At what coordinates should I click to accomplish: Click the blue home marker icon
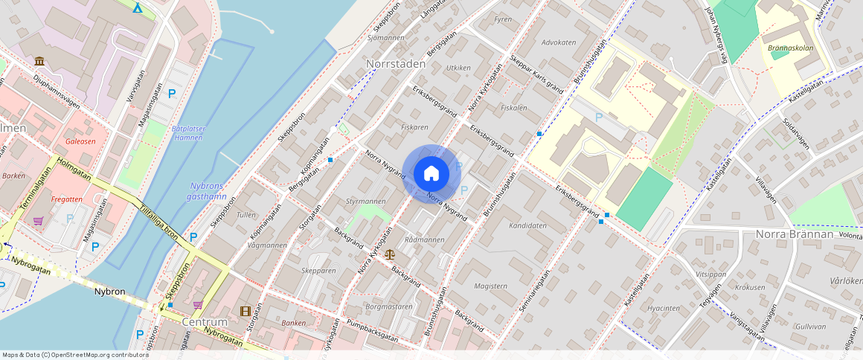(431, 173)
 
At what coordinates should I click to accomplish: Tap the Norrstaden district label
(396, 64)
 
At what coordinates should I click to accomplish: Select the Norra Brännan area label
(794, 234)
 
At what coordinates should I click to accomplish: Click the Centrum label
(204, 322)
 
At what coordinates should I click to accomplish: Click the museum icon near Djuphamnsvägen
(39, 60)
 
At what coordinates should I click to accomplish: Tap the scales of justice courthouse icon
(390, 254)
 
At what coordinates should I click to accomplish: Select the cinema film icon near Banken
(246, 310)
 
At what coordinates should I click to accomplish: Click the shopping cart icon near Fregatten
(38, 221)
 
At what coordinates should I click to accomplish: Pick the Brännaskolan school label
(789, 48)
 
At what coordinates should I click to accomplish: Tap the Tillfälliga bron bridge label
(159, 222)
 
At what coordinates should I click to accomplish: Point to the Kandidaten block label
(527, 225)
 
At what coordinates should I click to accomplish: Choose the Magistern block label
(490, 286)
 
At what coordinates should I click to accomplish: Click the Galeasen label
(80, 141)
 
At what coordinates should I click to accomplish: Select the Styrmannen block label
(365, 202)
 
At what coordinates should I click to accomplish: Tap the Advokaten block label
(559, 42)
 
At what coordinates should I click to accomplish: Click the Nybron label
(109, 292)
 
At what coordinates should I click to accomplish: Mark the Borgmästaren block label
(389, 306)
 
